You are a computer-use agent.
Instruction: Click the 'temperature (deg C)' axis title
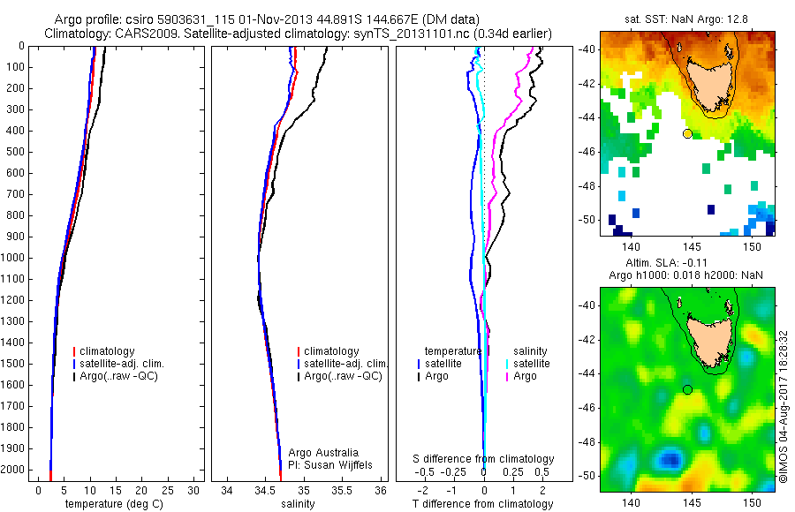(115, 504)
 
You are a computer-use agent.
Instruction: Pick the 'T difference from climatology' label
(483, 504)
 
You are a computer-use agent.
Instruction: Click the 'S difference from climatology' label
(483, 459)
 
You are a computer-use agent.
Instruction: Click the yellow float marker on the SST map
(687, 133)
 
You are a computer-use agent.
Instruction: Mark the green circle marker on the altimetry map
(687, 389)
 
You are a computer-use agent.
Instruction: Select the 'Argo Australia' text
(323, 452)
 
